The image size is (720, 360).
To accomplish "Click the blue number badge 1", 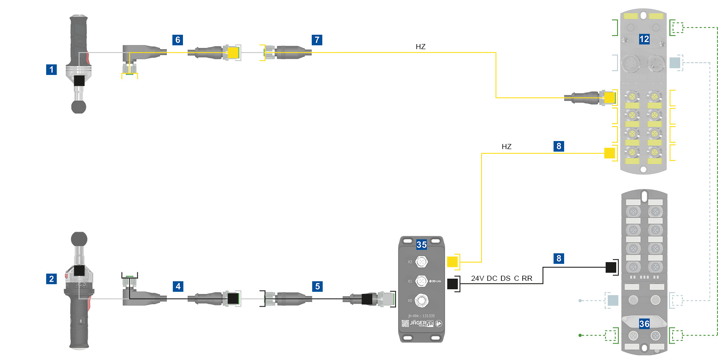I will click(x=51, y=69).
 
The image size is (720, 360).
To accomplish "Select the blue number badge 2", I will click(x=51, y=279).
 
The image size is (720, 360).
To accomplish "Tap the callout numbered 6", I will click(x=177, y=40).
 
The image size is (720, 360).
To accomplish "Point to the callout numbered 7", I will click(x=317, y=40).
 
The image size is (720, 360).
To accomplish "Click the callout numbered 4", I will click(x=178, y=286).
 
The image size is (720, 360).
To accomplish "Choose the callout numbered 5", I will click(x=317, y=286).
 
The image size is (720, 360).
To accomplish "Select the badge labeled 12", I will click(x=644, y=39).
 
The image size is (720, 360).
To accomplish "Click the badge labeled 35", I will click(x=421, y=244).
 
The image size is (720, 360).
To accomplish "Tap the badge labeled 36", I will click(x=644, y=324).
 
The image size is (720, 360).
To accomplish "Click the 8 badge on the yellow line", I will click(x=559, y=146).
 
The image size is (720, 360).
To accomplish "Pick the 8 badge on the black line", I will click(x=559, y=258).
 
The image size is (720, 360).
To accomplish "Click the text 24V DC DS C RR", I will click(x=501, y=278).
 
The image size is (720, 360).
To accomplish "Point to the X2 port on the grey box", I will click(x=421, y=262).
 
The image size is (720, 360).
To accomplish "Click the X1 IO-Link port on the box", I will click(x=421, y=281).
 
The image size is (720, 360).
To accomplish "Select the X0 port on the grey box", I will click(x=421, y=301).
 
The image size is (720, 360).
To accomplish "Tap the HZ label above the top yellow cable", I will click(x=420, y=47).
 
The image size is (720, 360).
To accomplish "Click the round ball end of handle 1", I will click(x=78, y=106).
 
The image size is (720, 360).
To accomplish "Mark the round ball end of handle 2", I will click(x=79, y=239).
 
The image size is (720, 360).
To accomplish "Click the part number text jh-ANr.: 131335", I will click(x=421, y=316).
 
